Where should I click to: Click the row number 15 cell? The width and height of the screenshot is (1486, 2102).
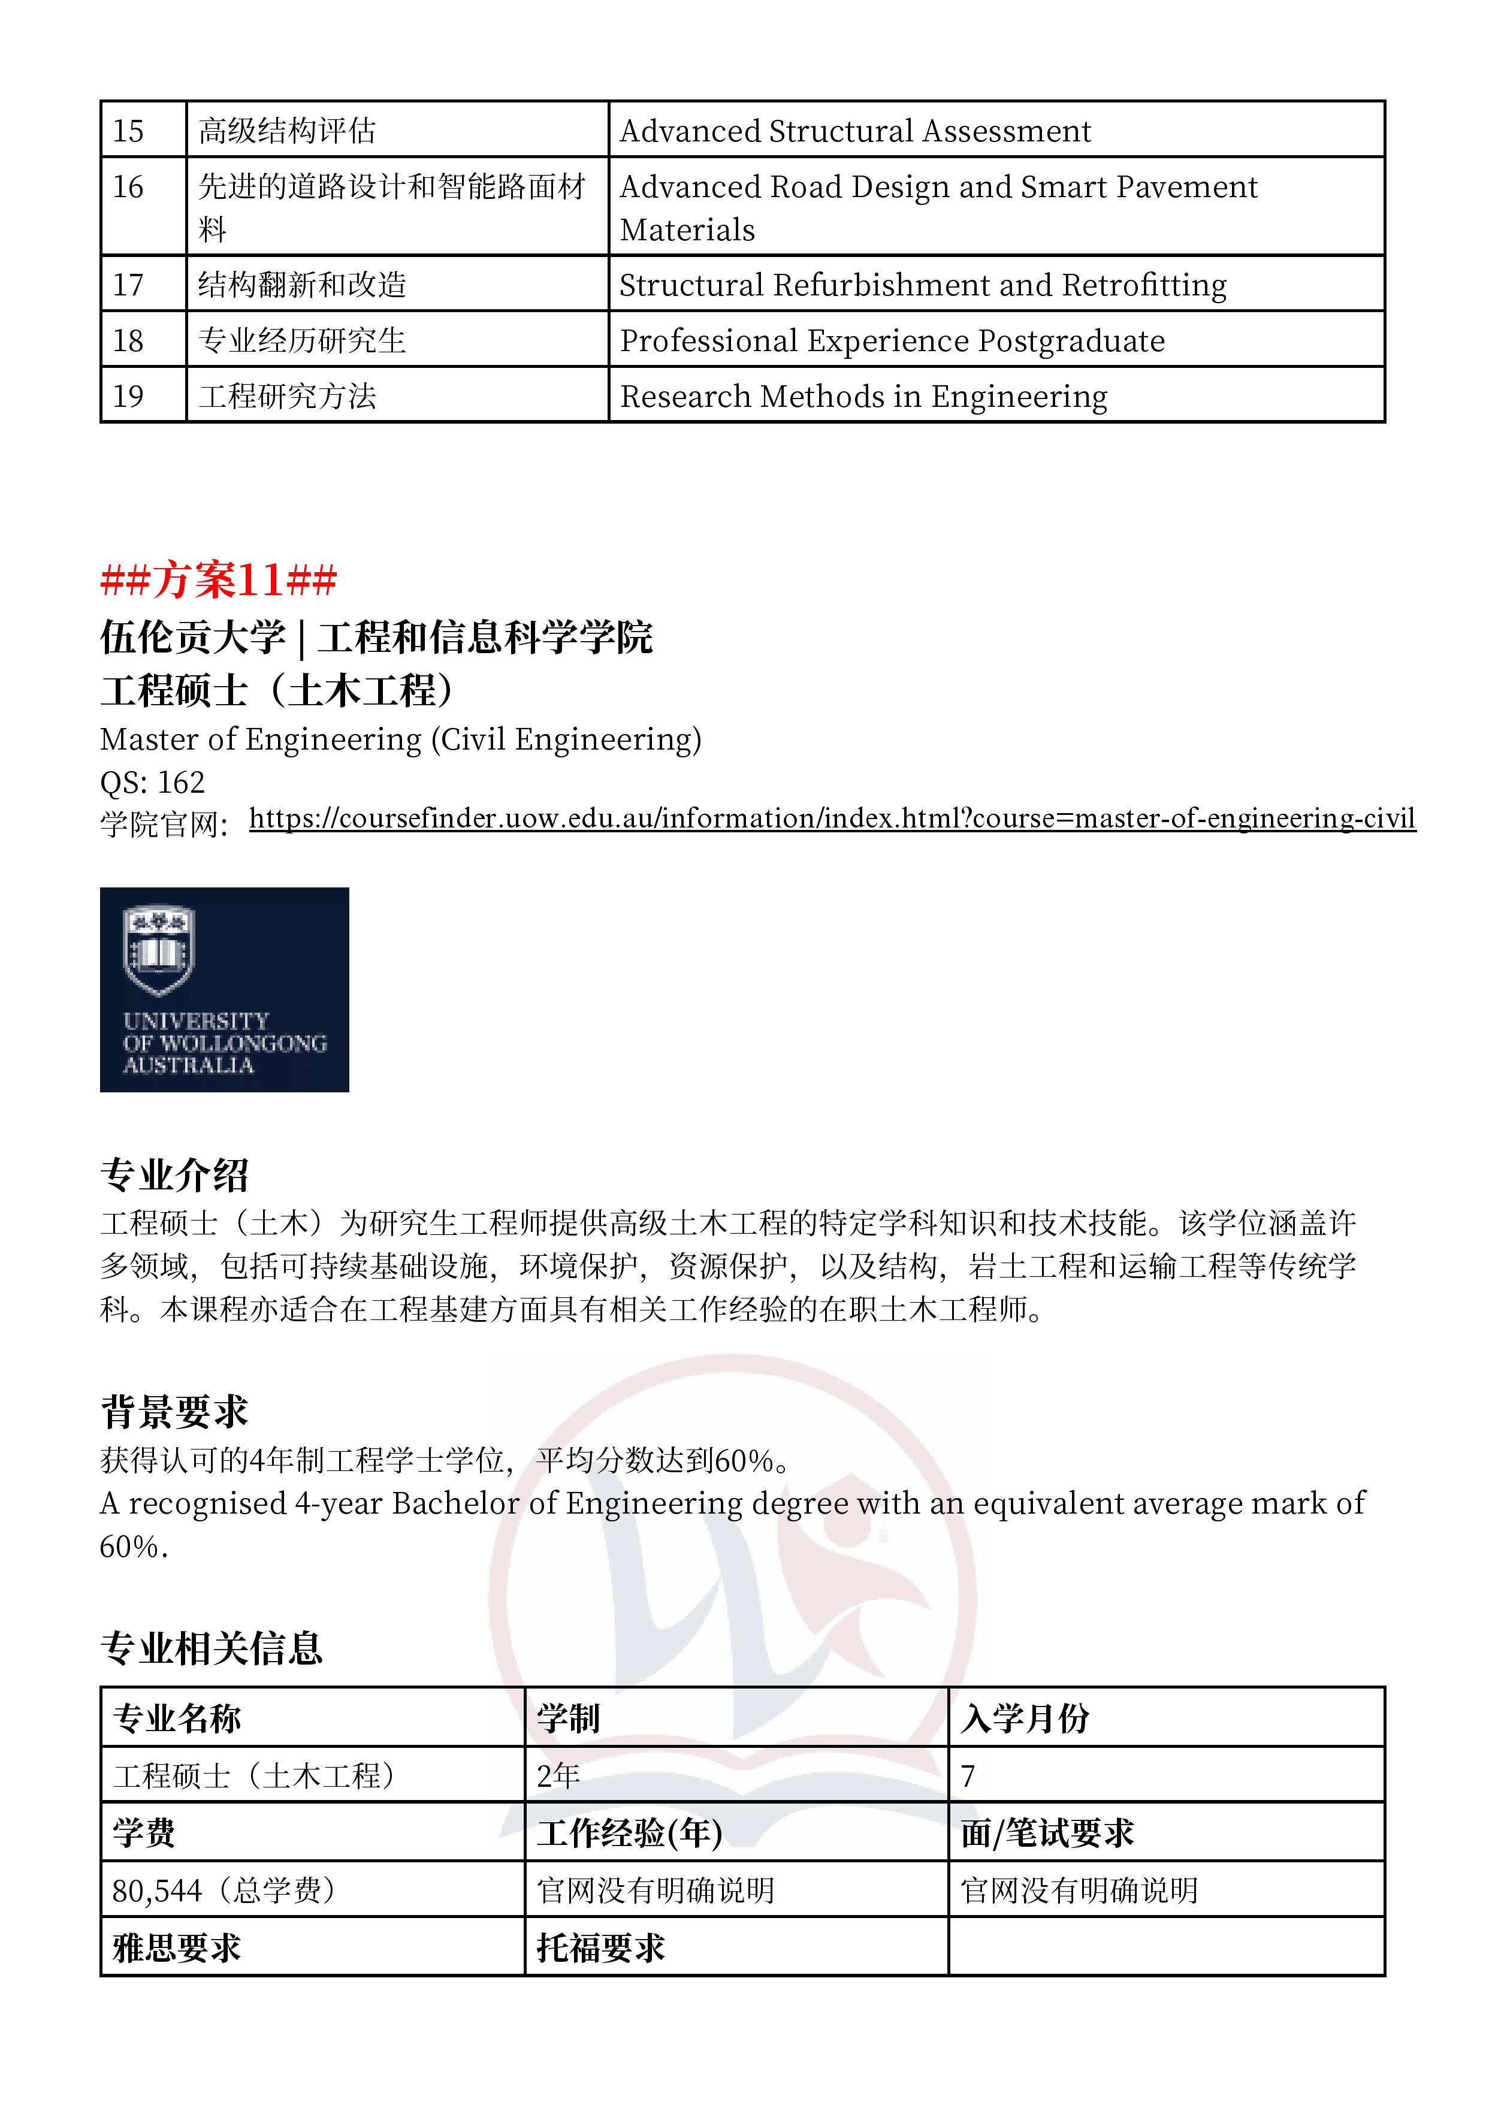(x=129, y=131)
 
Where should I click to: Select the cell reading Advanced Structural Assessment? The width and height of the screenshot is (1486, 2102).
(x=855, y=131)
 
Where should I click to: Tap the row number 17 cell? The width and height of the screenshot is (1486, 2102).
(x=129, y=285)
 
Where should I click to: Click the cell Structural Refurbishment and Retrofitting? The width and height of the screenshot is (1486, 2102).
(x=922, y=285)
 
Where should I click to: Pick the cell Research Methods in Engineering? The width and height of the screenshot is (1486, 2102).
(x=863, y=397)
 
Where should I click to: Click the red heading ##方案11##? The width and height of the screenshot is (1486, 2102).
(x=219, y=579)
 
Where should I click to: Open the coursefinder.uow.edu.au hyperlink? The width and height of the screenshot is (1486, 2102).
(x=831, y=817)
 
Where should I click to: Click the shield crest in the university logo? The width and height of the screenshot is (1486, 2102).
(x=159, y=949)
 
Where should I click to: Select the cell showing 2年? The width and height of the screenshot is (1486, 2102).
(x=558, y=1775)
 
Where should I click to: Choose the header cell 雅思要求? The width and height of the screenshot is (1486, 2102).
(x=177, y=1947)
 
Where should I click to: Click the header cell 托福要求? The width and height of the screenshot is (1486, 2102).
(x=600, y=1947)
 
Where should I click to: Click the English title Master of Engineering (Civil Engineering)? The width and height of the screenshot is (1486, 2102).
(x=400, y=739)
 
